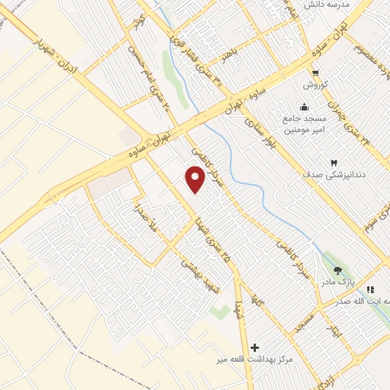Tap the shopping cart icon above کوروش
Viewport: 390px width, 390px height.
click(315, 72)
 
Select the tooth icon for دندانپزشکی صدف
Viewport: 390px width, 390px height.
click(333, 162)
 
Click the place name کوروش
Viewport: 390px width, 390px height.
click(315, 85)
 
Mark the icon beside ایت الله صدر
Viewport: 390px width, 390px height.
click(371, 289)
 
